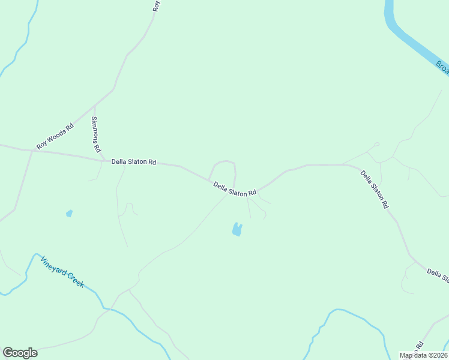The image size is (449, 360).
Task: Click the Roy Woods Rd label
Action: [55, 136]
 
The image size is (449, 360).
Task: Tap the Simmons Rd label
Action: [95, 134]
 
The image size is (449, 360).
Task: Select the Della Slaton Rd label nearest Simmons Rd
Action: [133, 161]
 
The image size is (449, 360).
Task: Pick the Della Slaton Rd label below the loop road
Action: [235, 189]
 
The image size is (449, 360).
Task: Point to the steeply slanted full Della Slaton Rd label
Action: [375, 189]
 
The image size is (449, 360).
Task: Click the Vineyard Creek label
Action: [62, 272]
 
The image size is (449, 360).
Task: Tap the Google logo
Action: [20, 353]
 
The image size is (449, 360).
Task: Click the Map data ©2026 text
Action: [423, 355]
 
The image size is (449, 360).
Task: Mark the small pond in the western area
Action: [69, 213]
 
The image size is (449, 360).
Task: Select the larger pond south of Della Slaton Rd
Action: [237, 229]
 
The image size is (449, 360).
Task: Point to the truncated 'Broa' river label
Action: [442, 67]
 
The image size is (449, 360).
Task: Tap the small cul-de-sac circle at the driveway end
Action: [376, 144]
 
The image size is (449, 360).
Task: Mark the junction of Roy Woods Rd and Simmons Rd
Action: [94, 107]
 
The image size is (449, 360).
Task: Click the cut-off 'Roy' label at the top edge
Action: [157, 6]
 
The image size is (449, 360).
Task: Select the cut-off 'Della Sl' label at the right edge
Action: [438, 275]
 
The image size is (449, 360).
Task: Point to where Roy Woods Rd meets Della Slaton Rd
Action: [31, 151]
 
